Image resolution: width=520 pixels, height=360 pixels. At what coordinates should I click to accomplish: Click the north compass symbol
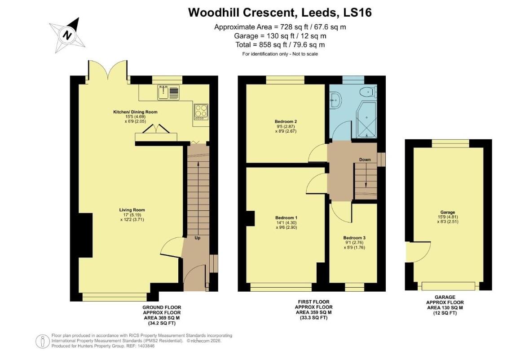tap(67, 35)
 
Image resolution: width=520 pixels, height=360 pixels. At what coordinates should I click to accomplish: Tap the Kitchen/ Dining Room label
tap(135, 112)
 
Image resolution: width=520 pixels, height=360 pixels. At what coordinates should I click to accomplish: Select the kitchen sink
tap(168, 93)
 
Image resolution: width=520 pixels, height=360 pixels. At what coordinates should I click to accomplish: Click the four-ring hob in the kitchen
tap(201, 111)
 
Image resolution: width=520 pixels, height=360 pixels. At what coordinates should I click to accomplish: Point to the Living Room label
tap(132, 210)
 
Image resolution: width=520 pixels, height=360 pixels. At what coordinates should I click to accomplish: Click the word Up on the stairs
tap(197, 238)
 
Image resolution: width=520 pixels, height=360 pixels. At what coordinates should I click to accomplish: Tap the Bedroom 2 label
tap(286, 121)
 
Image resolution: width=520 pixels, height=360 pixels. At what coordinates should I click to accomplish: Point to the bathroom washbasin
tap(335, 100)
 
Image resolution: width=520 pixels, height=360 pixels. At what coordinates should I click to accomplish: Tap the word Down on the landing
tap(365, 160)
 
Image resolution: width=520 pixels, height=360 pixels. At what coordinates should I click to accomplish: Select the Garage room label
tap(447, 212)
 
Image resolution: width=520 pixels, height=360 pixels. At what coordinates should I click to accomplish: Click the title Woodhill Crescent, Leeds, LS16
tap(280, 12)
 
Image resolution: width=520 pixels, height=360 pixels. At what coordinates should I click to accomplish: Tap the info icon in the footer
tap(42, 341)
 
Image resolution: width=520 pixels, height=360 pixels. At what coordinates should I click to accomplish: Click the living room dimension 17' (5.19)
tap(132, 215)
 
